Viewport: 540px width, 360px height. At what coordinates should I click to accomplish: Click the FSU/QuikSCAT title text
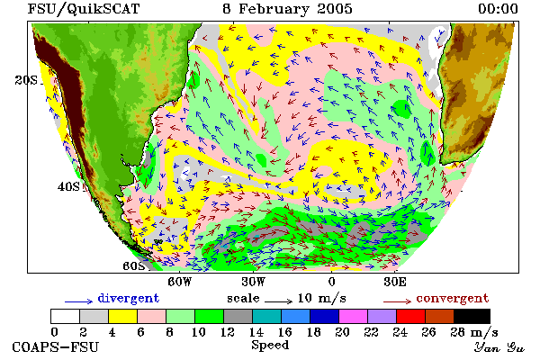tap(84, 9)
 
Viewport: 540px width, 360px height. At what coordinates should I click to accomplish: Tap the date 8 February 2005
tap(288, 9)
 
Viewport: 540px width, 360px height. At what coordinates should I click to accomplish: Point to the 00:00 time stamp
tap(498, 9)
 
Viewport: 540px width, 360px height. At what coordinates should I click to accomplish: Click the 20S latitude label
tap(26, 80)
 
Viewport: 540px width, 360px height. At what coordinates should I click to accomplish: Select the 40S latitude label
tap(68, 186)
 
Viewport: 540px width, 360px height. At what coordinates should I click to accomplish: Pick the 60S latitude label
tap(134, 266)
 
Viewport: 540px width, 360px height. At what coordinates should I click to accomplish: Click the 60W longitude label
tap(179, 282)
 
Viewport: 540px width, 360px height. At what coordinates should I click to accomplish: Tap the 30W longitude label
tap(254, 282)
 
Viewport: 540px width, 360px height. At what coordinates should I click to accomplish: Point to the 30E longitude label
tap(395, 282)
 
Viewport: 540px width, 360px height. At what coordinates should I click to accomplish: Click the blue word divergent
tap(129, 298)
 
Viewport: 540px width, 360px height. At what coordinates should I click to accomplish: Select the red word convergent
tap(453, 298)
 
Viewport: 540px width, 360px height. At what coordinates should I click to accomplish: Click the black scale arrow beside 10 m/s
tap(278, 301)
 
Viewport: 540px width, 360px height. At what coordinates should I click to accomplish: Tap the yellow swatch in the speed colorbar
tap(122, 316)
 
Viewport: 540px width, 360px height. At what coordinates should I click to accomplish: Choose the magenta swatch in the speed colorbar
tap(353, 316)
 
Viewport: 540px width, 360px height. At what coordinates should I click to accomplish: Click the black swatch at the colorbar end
tap(472, 316)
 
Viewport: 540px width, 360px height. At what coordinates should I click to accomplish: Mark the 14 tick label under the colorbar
tap(256, 332)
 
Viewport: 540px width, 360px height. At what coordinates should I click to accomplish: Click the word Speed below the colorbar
tap(270, 346)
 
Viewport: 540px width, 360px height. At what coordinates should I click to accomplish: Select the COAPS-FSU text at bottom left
tap(55, 346)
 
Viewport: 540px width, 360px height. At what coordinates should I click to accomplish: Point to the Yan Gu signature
tap(499, 347)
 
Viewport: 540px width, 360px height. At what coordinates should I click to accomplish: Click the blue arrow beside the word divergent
tap(78, 301)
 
